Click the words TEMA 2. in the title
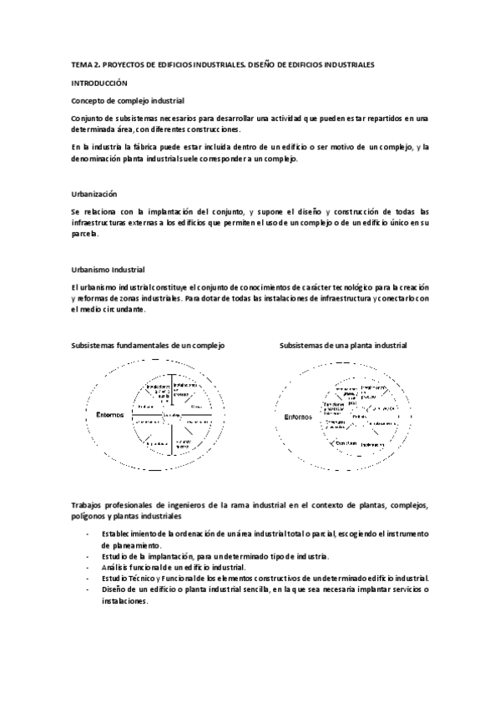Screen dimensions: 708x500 coord(83,64)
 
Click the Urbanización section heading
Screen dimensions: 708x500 coord(94,193)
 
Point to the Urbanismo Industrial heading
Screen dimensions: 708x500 coord(109,270)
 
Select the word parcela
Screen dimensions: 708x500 coord(85,234)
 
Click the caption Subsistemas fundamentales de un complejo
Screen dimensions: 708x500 coord(147,344)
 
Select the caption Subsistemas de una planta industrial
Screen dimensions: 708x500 coord(342,344)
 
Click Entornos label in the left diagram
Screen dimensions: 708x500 coord(109,413)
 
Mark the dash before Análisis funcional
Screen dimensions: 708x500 coord(88,566)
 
